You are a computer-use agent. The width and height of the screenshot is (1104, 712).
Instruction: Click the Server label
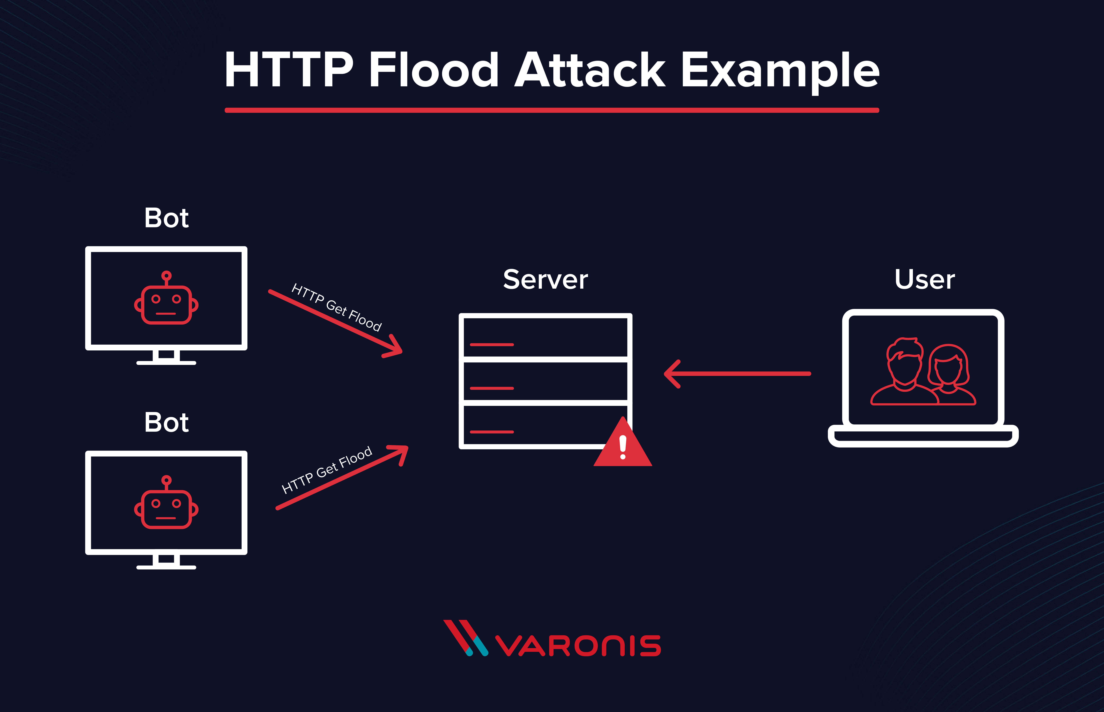tap(545, 280)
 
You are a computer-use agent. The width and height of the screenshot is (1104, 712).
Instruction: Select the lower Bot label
tap(167, 423)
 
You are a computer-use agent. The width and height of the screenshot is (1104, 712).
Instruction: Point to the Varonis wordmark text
tap(578, 646)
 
